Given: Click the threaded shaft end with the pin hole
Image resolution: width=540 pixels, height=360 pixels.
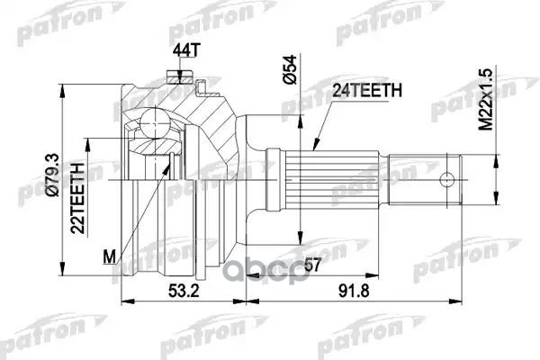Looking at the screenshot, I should click(x=432, y=178).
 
